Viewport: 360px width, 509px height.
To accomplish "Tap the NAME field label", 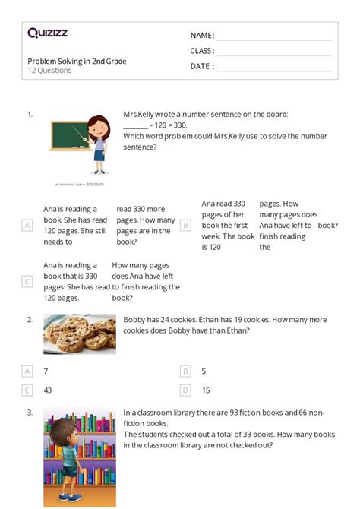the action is click(x=202, y=36).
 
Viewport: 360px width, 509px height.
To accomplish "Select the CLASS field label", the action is click(x=202, y=51).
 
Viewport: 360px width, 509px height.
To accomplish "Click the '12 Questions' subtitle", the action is click(x=49, y=71).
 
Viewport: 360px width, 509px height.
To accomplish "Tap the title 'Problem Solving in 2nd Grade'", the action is click(x=77, y=61).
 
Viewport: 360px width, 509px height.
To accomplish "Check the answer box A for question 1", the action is click(x=27, y=225).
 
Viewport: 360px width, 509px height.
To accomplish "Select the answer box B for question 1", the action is click(x=185, y=225).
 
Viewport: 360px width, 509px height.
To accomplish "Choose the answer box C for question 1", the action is click(x=27, y=282).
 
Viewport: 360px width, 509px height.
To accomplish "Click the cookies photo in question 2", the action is click(x=80, y=334).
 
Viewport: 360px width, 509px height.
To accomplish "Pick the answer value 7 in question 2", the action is click(x=46, y=371).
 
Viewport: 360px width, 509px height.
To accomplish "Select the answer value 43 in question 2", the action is click(x=48, y=390).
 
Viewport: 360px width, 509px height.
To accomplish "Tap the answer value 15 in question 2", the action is click(x=206, y=390).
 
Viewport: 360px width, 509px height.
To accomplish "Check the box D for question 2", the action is click(x=185, y=390).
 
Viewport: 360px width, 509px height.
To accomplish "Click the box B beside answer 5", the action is click(x=185, y=371).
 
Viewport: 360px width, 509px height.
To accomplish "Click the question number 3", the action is click(x=30, y=413).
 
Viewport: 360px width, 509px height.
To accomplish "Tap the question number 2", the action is click(x=30, y=320).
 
